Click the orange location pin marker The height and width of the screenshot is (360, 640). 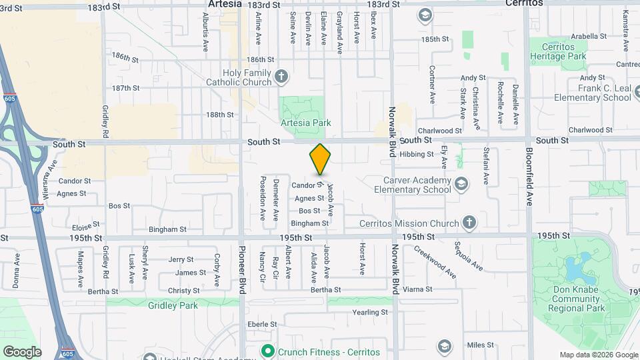[x=321, y=159]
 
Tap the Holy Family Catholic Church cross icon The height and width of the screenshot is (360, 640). [x=281, y=76]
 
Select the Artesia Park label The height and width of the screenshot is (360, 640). [x=306, y=123]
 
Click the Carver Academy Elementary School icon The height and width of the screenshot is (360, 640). [x=460, y=183]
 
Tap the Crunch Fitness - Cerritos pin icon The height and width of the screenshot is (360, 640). [x=267, y=351]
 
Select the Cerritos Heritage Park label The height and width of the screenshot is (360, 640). [x=558, y=51]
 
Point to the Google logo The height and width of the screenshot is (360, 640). [x=22, y=352]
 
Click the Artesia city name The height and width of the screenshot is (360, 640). [x=224, y=3]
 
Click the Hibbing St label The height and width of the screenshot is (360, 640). [x=417, y=154]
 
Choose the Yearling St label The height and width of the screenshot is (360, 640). [x=370, y=312]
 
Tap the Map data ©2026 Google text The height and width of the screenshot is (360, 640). [x=599, y=355]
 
